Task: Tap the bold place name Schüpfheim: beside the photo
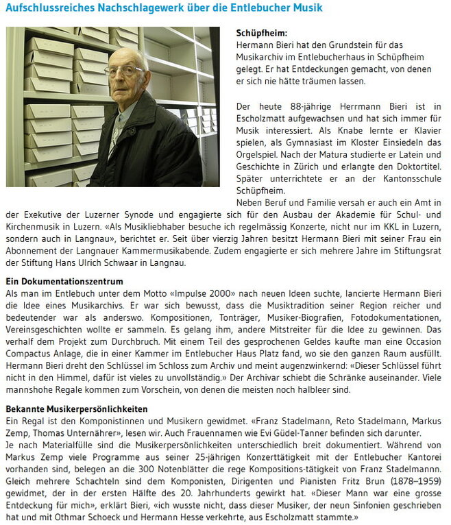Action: [x=261, y=32]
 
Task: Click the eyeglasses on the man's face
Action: [x=125, y=70]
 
